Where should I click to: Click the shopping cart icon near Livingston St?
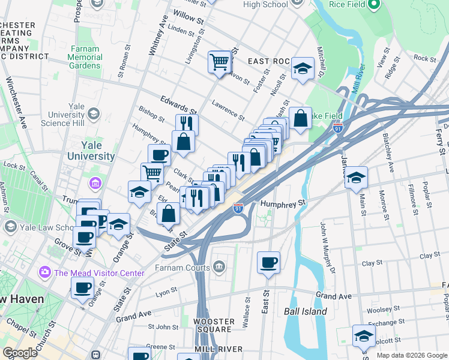[x=220, y=61]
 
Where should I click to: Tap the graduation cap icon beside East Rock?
[x=303, y=68]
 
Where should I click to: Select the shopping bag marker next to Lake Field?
[x=300, y=118]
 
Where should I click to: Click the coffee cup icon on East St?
[x=268, y=262]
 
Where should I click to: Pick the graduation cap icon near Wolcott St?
[x=364, y=336]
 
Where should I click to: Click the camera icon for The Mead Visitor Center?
[x=45, y=273]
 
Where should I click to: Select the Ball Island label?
[x=306, y=311]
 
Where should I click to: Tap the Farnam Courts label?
[x=182, y=267]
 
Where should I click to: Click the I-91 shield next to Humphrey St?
[x=238, y=208]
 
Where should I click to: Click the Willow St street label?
[x=188, y=15]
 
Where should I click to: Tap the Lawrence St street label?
[x=228, y=110]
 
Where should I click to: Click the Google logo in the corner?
[x=20, y=353]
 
